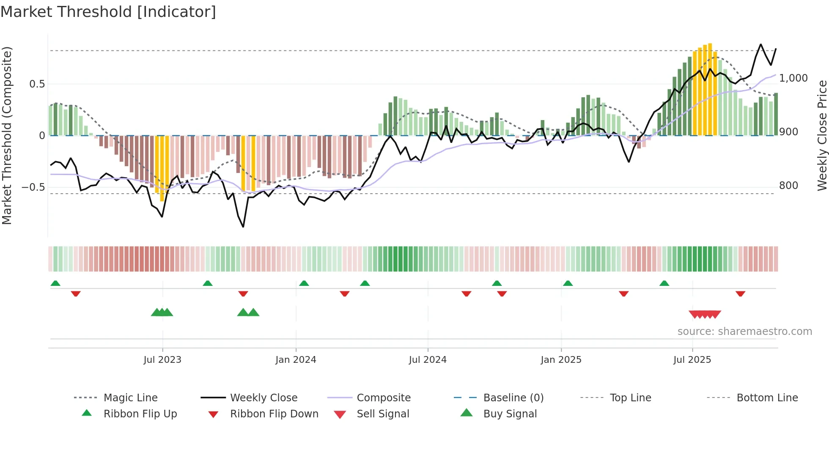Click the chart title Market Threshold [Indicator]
108,12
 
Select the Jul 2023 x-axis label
162,360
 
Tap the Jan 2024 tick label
296,360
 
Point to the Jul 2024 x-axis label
428,360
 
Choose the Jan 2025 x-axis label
561,360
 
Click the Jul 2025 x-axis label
692,360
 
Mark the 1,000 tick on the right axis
793,78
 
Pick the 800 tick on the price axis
788,186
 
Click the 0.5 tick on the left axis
37,84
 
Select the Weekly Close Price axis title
822,135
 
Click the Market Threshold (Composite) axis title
7,135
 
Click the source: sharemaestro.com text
744,332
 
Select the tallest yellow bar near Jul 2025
710,89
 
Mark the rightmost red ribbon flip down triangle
740,293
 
